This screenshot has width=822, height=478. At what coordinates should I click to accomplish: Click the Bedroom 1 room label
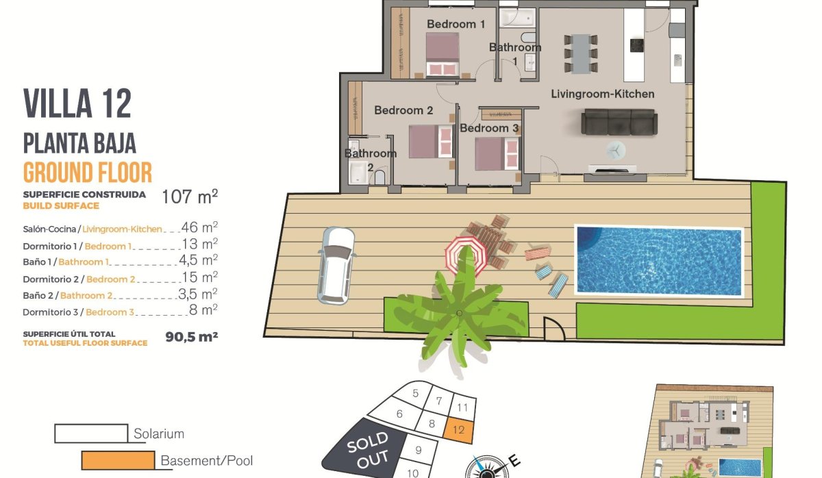point(456,25)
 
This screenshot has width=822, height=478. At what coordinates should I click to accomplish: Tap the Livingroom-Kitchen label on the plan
point(603,94)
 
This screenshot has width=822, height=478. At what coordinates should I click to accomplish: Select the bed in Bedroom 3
point(495,153)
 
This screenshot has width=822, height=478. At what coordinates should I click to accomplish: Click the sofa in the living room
point(619,123)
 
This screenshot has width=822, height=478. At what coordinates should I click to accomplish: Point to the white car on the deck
point(336,264)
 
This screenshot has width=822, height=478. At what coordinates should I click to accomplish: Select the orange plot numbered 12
point(459,430)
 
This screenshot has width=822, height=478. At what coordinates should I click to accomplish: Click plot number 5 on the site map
point(415,393)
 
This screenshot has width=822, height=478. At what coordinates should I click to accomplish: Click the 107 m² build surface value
point(190,197)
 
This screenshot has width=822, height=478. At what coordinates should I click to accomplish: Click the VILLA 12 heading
point(77,103)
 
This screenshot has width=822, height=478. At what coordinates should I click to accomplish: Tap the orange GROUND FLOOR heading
point(88,172)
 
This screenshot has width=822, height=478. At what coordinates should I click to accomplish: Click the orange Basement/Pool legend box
point(117,461)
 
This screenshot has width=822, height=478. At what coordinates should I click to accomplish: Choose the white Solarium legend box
point(91,433)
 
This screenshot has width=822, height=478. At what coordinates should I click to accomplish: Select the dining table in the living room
point(581,53)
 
